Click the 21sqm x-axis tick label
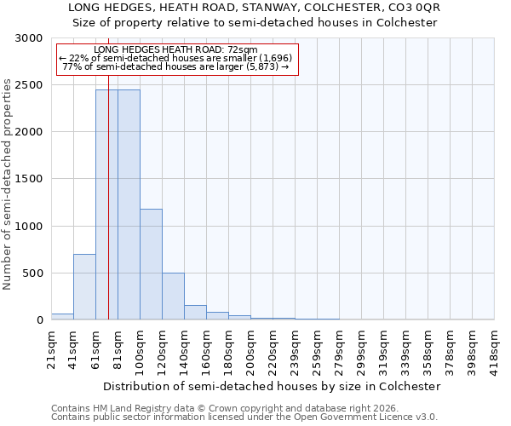[52, 348]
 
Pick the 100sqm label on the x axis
[141, 350]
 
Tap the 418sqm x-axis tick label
[495, 350]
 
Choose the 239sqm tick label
[296, 350]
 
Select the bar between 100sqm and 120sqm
[151, 264]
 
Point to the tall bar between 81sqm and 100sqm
[129, 204]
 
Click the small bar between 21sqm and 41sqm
[62, 316]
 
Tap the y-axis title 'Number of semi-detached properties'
[9, 184]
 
